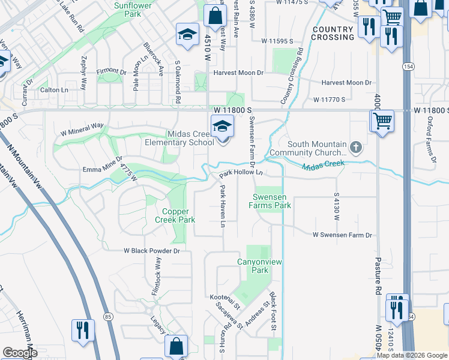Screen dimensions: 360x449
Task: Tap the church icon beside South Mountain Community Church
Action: coord(356,147)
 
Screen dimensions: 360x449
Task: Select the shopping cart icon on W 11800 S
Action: coord(382,121)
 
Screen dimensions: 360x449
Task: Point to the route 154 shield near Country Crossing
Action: coord(408,66)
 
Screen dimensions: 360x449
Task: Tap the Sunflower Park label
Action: coord(132,9)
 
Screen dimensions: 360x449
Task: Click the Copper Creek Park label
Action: coord(179,215)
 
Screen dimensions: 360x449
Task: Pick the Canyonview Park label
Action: coord(259,266)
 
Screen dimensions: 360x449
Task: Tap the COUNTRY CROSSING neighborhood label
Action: coord(333,33)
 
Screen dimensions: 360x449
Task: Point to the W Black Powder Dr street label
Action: coord(152,250)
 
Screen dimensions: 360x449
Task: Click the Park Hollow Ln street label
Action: coord(241,173)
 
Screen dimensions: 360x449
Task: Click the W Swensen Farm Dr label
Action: coord(342,235)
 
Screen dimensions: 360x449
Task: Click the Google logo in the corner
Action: coord(20,353)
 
